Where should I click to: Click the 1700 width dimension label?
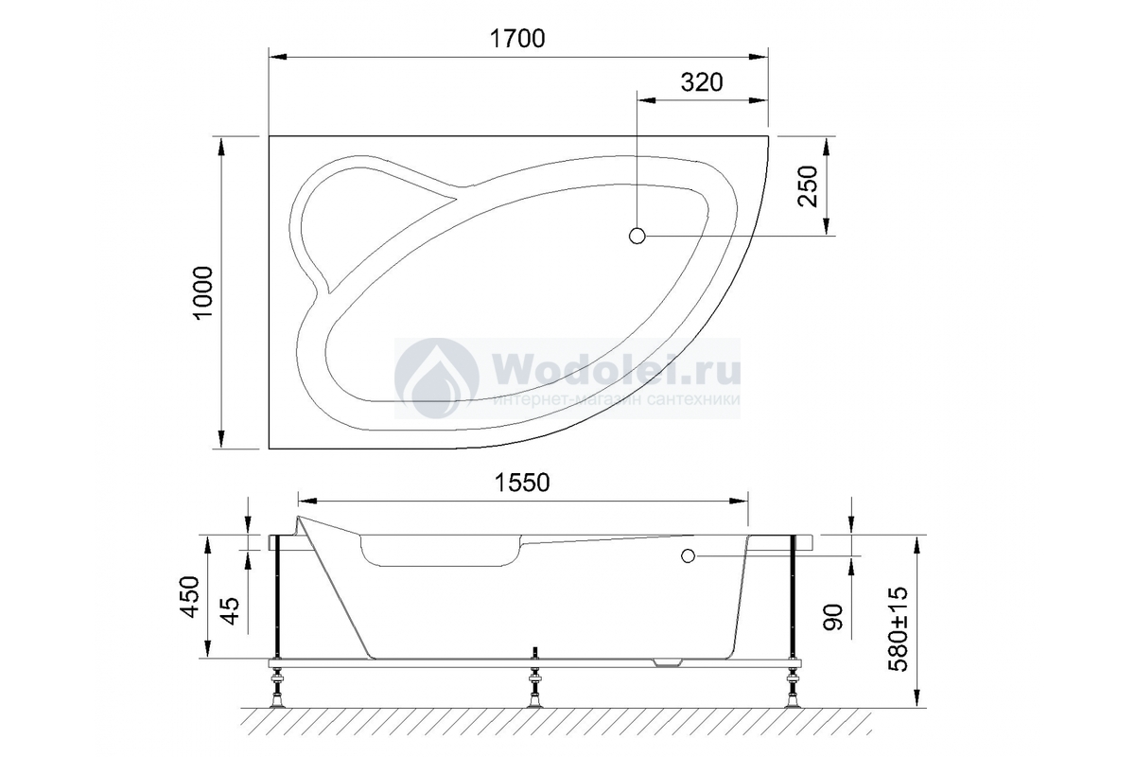(x=517, y=39)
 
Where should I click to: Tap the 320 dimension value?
(x=702, y=82)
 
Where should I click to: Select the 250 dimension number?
(x=808, y=186)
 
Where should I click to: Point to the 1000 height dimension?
(x=203, y=292)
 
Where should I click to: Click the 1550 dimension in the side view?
(x=522, y=483)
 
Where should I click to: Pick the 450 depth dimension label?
(x=190, y=597)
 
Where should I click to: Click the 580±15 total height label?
(x=899, y=628)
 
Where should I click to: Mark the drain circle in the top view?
(x=637, y=236)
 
